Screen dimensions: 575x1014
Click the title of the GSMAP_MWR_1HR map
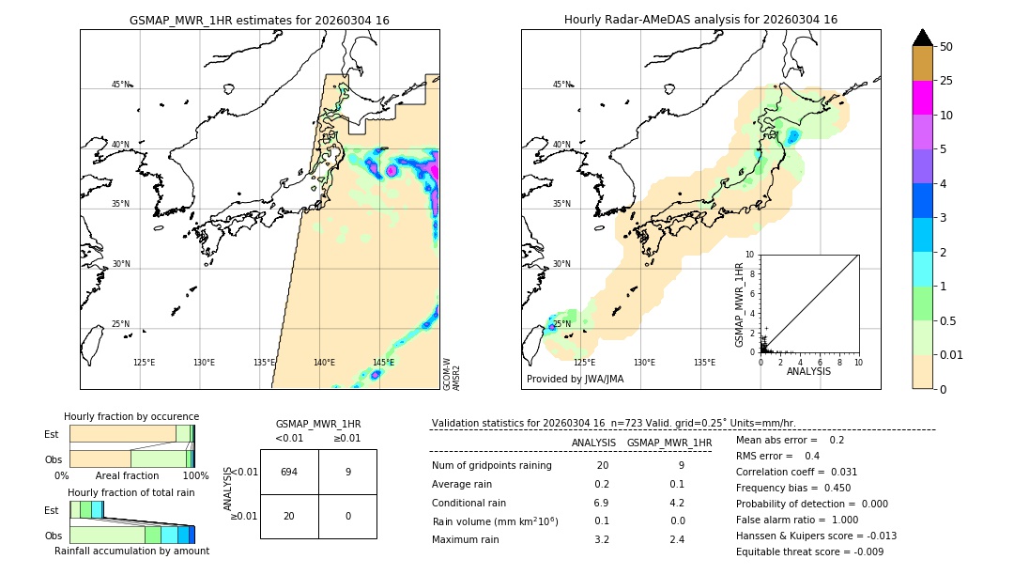coord(259,20)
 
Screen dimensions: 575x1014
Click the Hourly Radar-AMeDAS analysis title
coord(700,20)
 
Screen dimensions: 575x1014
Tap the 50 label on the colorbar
coord(946,47)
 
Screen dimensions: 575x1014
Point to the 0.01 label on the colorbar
coord(953,354)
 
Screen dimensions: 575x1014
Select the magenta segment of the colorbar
coord(922,98)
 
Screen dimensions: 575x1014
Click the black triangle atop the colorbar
coord(922,38)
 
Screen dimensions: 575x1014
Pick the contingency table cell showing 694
coord(289,472)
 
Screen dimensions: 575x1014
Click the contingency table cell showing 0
coord(347,516)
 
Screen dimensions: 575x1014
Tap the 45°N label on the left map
coord(120,85)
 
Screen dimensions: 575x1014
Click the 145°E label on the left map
coord(383,363)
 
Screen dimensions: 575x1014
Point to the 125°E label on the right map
coord(584,363)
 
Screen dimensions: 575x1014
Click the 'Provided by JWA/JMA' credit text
coord(575,380)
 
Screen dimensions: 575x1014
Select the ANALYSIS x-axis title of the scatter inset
coord(808,371)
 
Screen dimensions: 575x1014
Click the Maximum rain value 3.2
coord(602,539)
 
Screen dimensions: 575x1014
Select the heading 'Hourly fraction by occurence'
coord(131,416)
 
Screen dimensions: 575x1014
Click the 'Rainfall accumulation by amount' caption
coord(131,551)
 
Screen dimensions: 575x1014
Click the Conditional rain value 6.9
coord(602,503)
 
